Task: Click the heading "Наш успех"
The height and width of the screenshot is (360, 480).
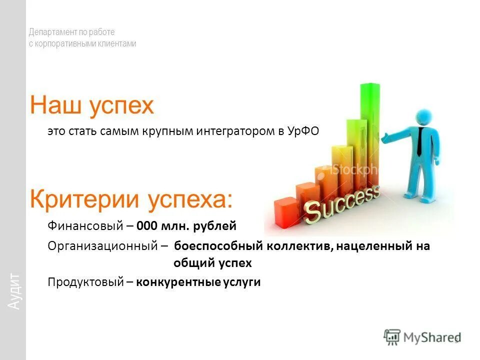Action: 92,105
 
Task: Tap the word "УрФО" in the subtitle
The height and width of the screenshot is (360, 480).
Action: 303,131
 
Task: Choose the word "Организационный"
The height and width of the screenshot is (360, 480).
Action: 104,246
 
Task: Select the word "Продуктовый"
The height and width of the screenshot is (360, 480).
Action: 85,282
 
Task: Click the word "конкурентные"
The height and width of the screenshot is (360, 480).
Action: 172,282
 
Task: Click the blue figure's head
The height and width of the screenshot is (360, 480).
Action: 423,117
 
